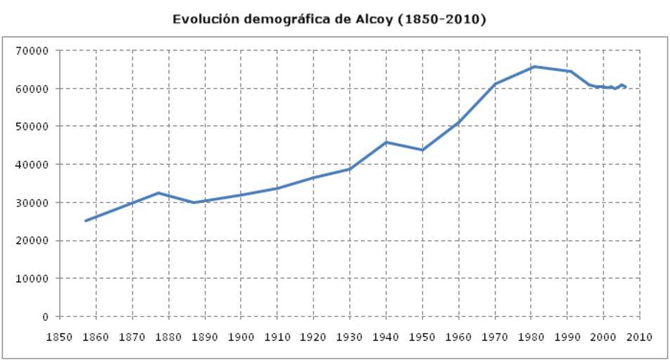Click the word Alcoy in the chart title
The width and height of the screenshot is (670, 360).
point(373,19)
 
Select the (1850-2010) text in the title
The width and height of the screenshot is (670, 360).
point(442,19)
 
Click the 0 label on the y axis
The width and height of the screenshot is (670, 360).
point(44,316)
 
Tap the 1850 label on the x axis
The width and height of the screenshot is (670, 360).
point(59,337)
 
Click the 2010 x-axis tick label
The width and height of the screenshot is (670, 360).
point(640,337)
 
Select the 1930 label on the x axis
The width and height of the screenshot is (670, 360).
point(349,337)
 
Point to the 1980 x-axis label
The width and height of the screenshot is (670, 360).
point(532,337)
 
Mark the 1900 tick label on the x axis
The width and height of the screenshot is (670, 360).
point(240,337)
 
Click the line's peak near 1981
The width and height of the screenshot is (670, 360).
point(534,67)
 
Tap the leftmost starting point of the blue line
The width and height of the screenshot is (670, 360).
point(86,221)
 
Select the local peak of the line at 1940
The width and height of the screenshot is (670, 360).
point(386,142)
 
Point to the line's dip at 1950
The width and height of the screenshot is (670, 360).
point(423,150)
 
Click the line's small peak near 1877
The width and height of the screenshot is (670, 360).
point(158,193)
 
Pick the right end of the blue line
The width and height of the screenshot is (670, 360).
point(626,86)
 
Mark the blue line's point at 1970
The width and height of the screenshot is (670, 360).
point(495,84)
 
